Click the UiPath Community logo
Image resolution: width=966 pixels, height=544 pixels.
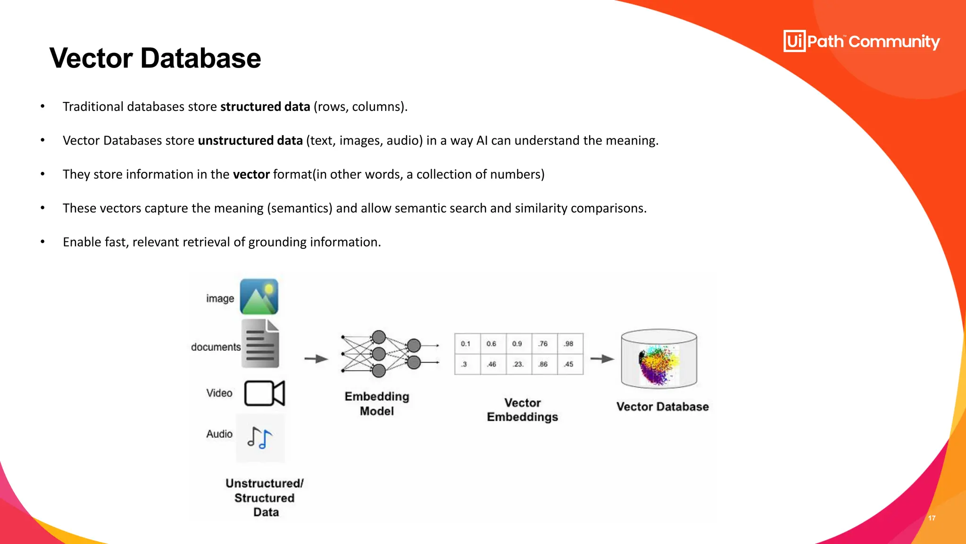[x=861, y=42]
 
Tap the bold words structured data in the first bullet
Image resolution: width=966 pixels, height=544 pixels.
[x=265, y=107]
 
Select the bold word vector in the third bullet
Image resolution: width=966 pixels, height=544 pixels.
[x=251, y=174]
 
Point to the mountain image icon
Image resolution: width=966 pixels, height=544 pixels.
[x=259, y=297]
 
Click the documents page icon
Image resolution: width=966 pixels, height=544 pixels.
[x=260, y=343]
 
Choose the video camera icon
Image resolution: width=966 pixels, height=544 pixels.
[x=265, y=393]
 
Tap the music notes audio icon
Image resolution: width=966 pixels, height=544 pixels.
[x=260, y=438]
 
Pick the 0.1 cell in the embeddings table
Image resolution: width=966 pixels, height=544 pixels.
[x=466, y=344]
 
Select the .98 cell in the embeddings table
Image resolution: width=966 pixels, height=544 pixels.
[x=569, y=344]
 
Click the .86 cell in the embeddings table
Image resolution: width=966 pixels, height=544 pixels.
[x=543, y=364]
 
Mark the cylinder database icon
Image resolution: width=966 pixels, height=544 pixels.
[x=659, y=359]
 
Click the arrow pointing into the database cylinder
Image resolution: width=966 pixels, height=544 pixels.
[x=602, y=359]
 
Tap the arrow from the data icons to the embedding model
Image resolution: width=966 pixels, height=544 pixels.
[x=316, y=359]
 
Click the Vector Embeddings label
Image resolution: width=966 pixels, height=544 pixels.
[x=523, y=410]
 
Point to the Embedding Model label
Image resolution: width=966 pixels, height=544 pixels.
[x=377, y=404]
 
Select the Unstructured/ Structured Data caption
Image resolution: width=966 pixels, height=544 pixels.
[x=265, y=498]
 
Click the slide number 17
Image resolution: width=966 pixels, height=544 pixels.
[x=932, y=518]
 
